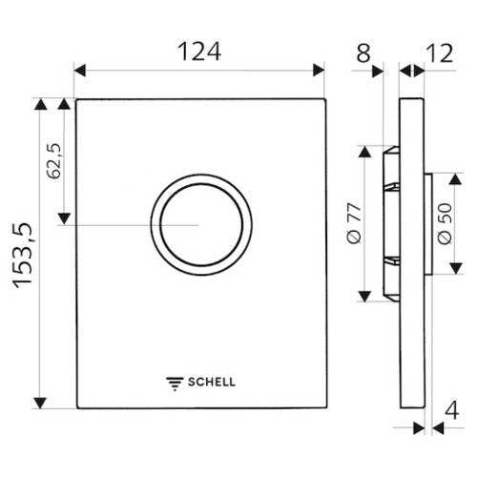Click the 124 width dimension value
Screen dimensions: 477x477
pyautogui.click(x=199, y=52)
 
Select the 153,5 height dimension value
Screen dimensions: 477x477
pyautogui.click(x=23, y=256)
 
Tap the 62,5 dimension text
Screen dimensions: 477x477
pyautogui.click(x=53, y=161)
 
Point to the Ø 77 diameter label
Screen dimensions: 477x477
pyautogui.click(x=354, y=223)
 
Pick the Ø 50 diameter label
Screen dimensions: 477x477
pyautogui.click(x=445, y=224)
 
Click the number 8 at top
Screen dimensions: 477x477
pyautogui.click(x=363, y=53)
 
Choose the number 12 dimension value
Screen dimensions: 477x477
pyautogui.click(x=439, y=53)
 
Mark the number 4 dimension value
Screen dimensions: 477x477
pyautogui.click(x=451, y=410)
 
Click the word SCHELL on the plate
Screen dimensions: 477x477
pyautogui.click(x=212, y=382)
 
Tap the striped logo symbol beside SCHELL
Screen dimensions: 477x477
pyautogui.click(x=175, y=384)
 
